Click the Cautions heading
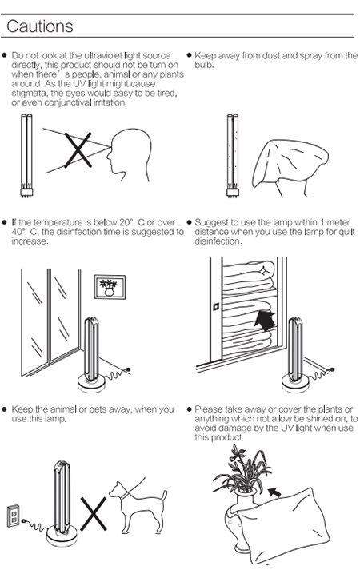(40, 26)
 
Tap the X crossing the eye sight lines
(78, 150)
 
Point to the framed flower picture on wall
(110, 287)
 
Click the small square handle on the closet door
(216, 307)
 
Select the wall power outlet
(13, 516)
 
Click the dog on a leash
(138, 506)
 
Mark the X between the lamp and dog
(93, 514)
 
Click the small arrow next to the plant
(274, 492)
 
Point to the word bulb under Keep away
(204, 65)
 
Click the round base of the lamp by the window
(91, 384)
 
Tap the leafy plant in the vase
(243, 469)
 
